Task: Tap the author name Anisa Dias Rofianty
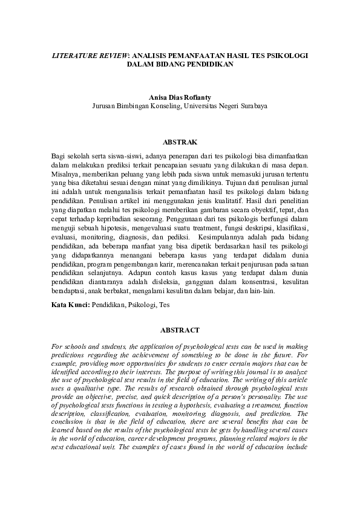coord(180,96)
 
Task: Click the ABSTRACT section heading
coord(180,330)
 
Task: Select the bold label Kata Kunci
coord(70,305)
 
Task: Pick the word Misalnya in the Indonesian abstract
coord(66,173)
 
